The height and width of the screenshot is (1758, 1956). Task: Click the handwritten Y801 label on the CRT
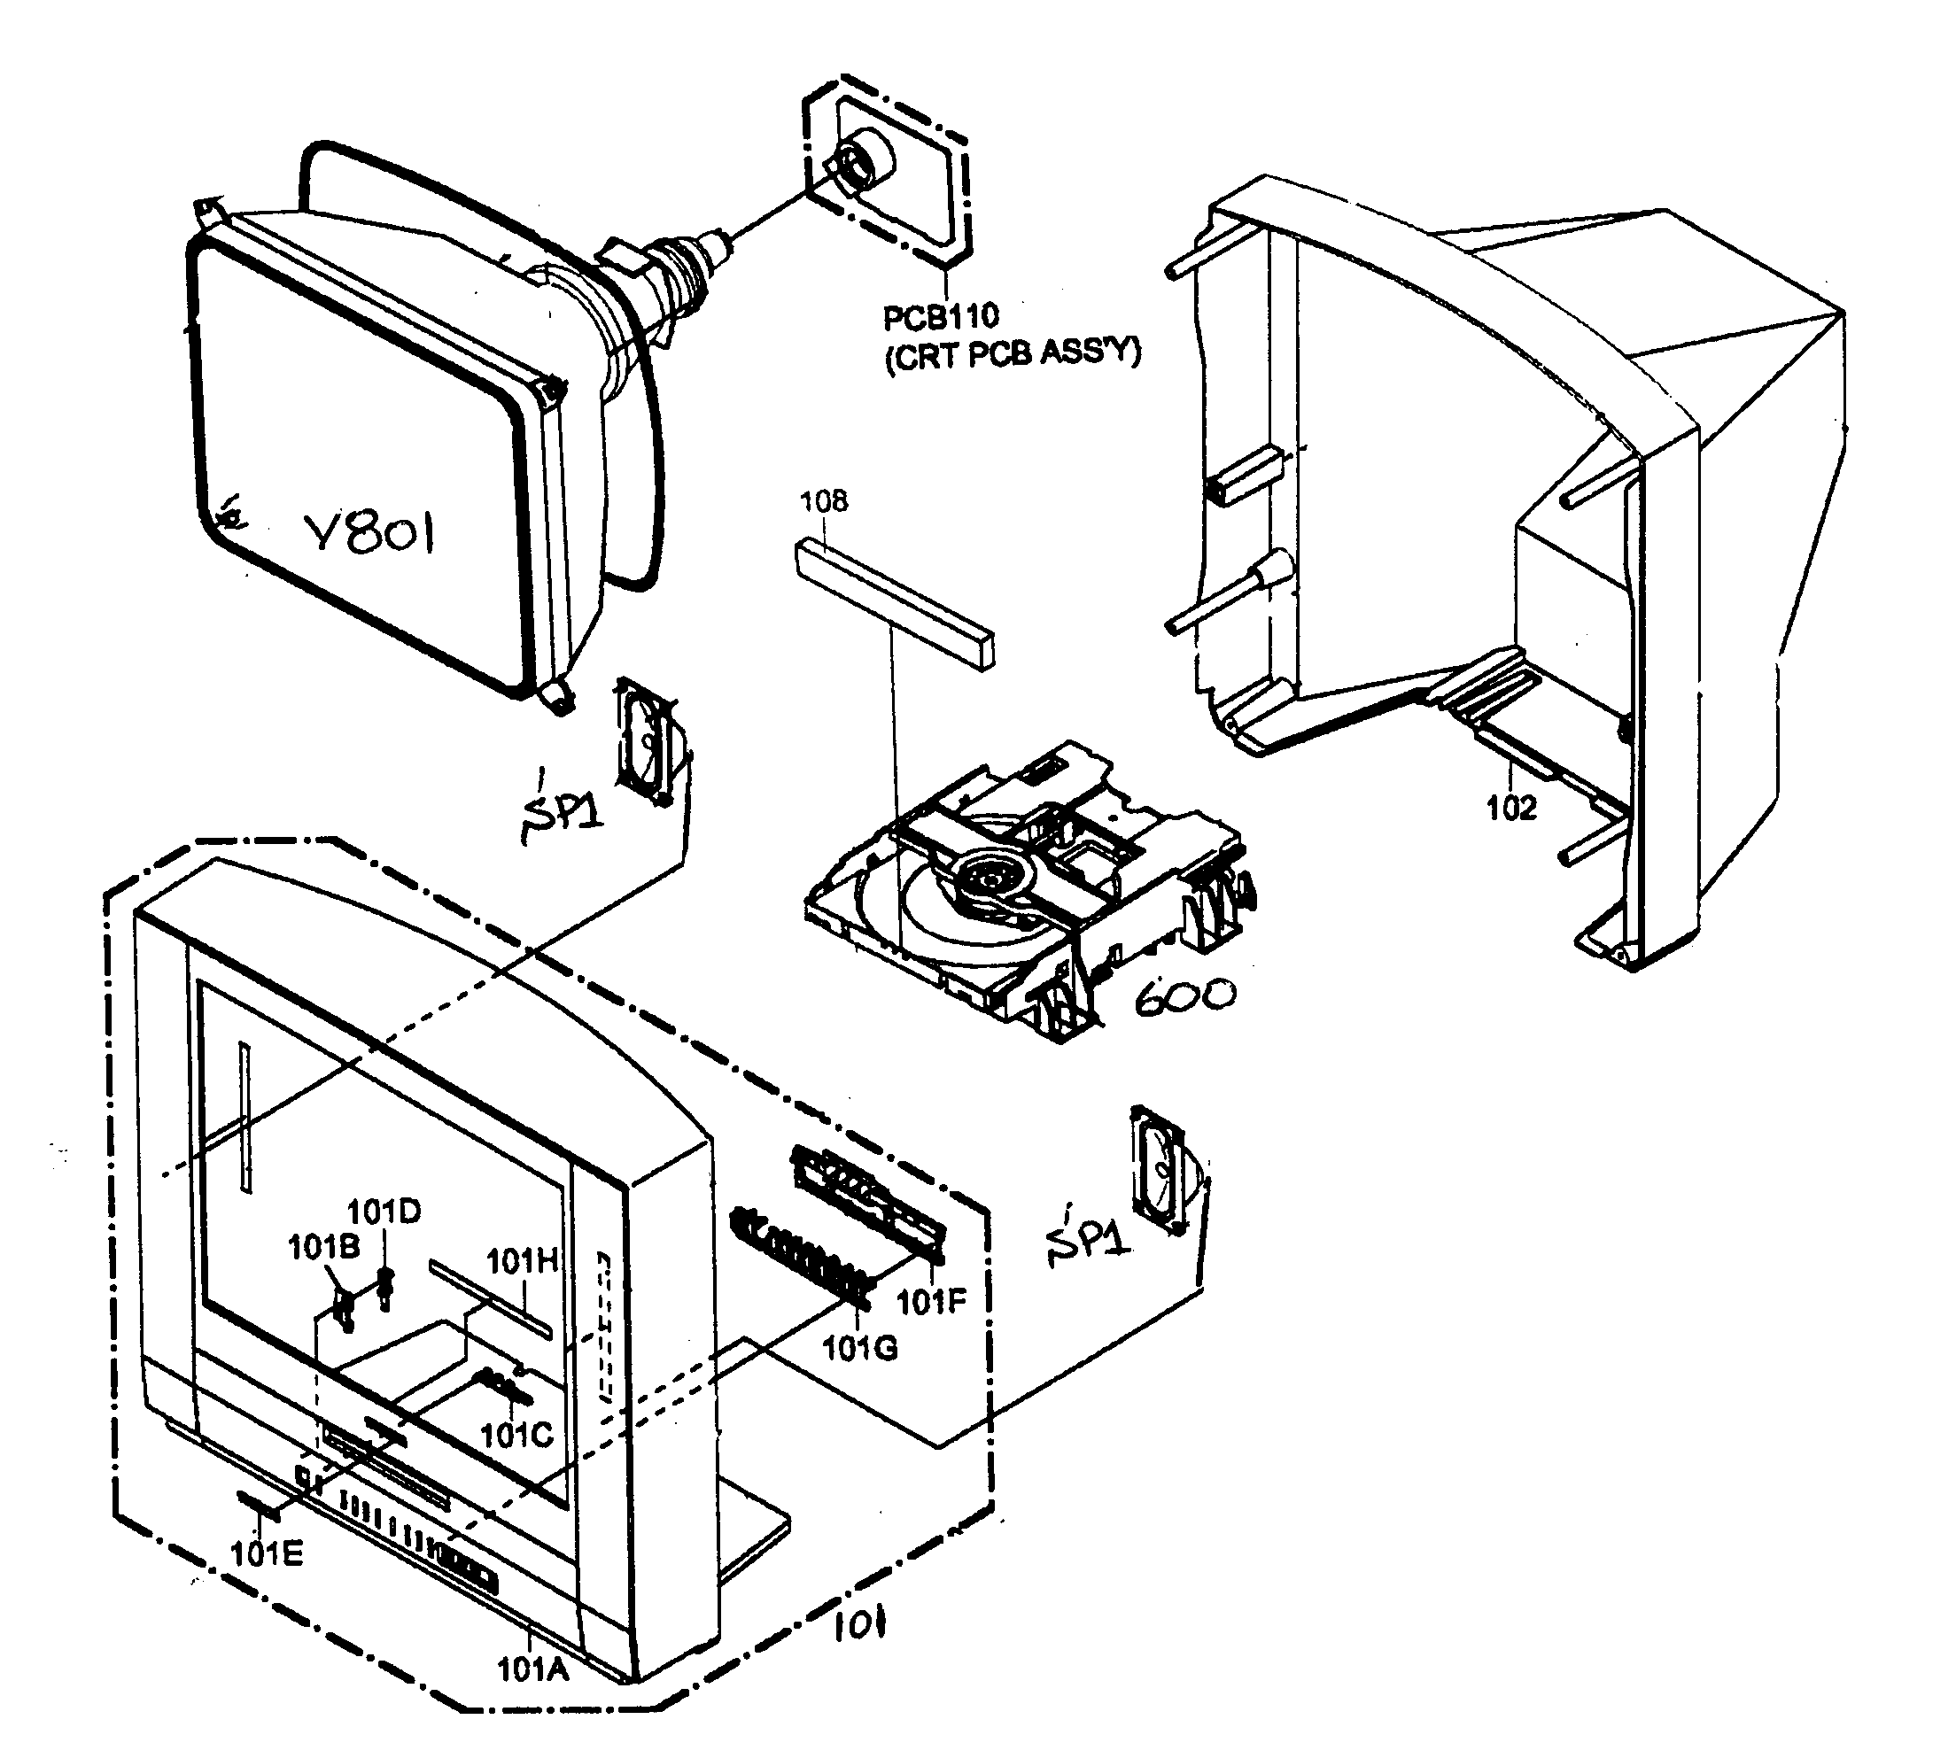369,535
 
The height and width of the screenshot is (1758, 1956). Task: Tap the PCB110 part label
941,317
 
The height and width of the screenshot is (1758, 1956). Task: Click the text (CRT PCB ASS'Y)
1013,354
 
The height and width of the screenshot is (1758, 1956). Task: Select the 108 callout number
824,501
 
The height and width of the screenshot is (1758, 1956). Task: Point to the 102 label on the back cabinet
1510,808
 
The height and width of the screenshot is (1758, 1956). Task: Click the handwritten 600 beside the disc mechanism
1184,995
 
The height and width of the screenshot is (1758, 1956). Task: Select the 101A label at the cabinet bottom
532,1669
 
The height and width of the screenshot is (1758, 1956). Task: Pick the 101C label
516,1436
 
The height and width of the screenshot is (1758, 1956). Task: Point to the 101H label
522,1261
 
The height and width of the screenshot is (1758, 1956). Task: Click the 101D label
384,1212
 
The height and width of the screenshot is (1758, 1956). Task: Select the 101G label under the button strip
859,1347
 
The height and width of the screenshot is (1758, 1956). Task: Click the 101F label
931,1302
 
